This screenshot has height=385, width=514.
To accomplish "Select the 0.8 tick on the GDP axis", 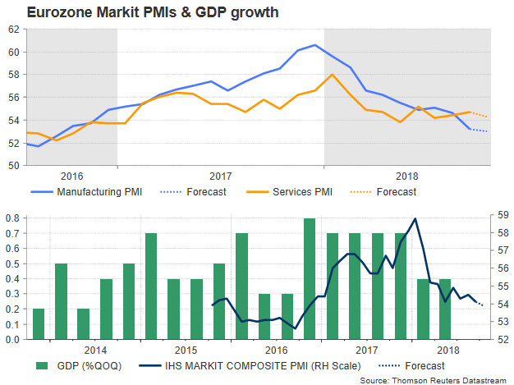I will (x=13, y=219).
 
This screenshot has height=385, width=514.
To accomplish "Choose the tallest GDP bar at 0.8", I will (x=309, y=278).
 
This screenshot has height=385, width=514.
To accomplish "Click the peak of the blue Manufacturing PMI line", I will (x=315, y=45).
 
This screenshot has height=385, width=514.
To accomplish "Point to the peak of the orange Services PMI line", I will (x=331, y=75).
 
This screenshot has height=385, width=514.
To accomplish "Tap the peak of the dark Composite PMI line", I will (x=416, y=218).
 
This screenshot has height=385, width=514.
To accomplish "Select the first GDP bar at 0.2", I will (x=39, y=323).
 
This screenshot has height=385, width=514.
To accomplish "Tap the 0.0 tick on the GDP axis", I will (x=13, y=338).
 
